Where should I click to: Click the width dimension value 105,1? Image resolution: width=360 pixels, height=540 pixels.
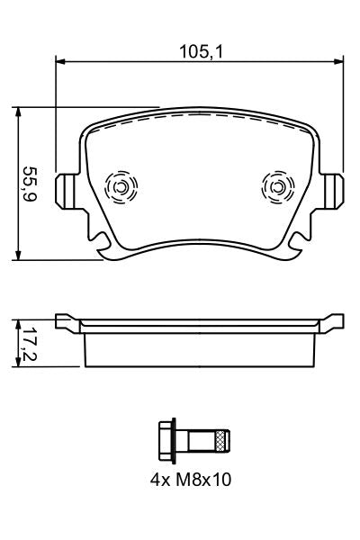199,51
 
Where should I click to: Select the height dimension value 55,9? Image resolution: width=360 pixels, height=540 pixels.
30,184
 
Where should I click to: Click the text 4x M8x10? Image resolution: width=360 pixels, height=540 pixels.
191,481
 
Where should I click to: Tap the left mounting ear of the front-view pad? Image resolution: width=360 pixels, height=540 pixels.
65,190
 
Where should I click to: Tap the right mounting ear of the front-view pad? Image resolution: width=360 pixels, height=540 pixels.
334,190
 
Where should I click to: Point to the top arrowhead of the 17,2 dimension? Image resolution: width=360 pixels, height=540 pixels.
19,321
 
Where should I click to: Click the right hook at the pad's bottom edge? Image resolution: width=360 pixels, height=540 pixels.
292,245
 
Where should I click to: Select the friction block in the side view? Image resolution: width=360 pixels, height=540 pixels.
199,349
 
